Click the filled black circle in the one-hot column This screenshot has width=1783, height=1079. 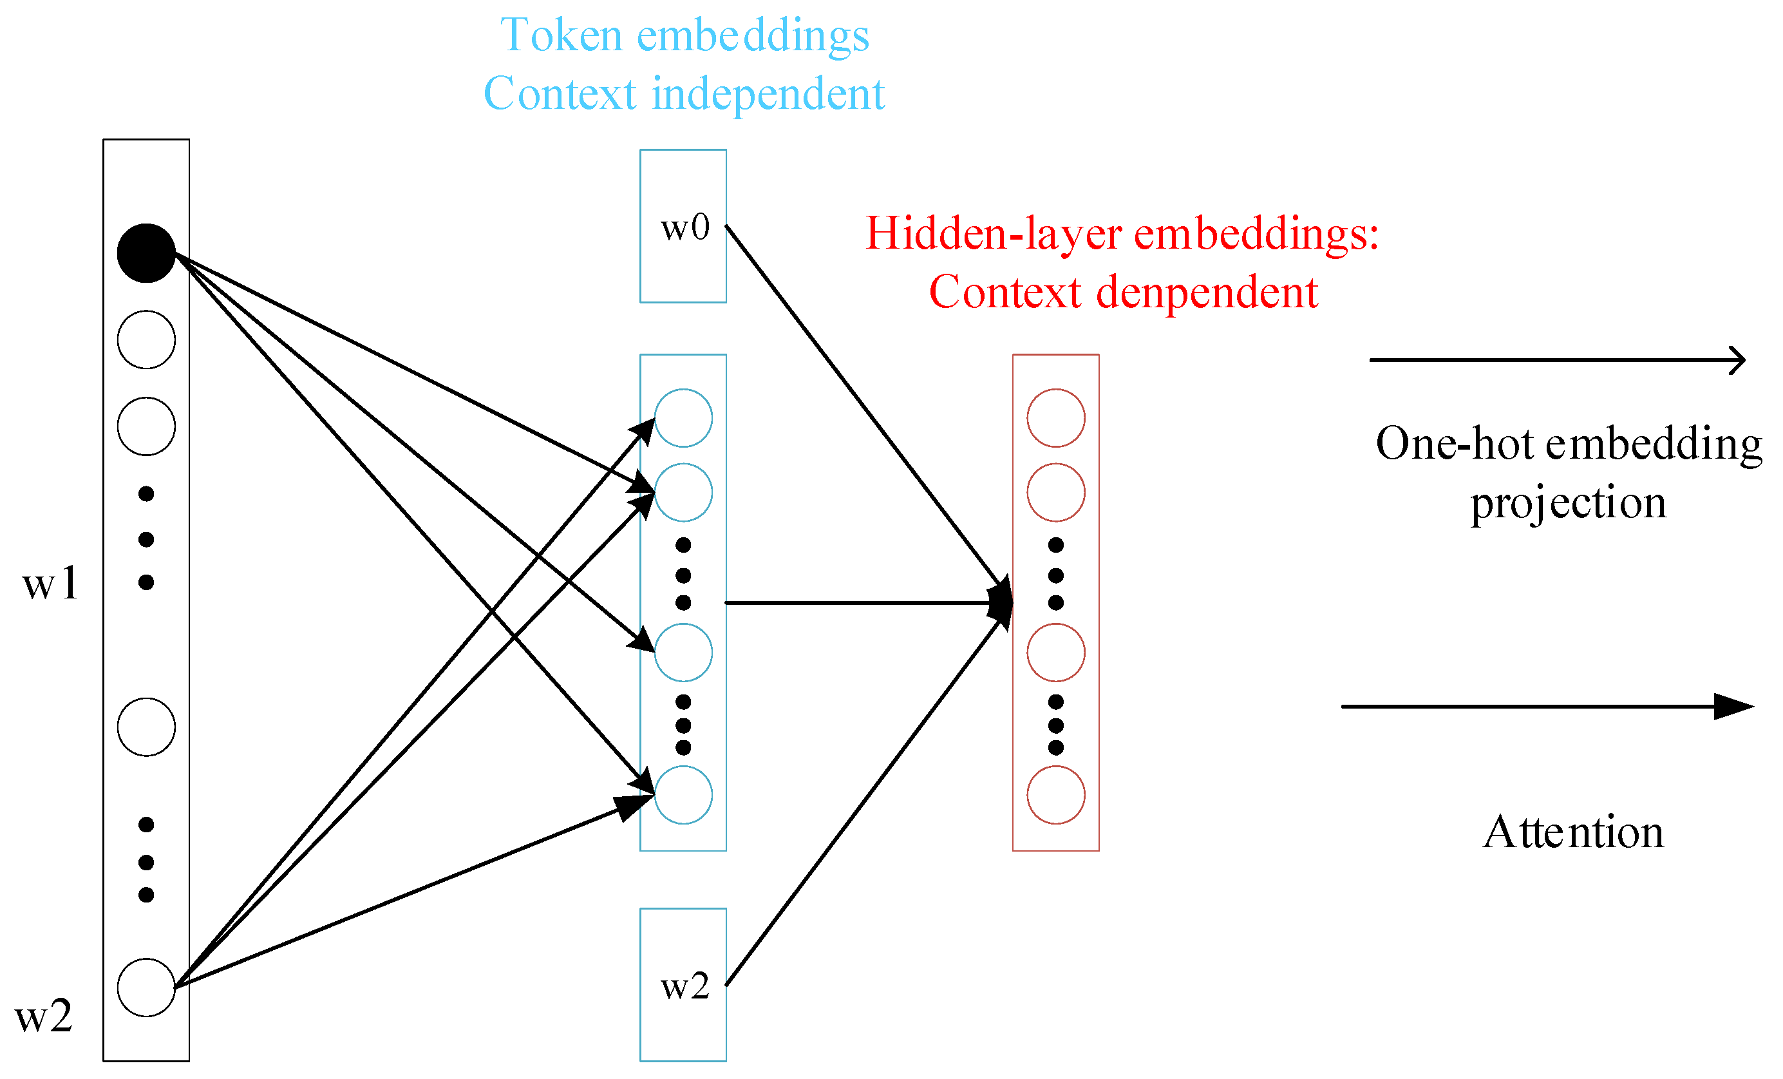(x=146, y=253)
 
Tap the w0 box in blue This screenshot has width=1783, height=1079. (x=683, y=226)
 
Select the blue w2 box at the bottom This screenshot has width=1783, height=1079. (x=683, y=985)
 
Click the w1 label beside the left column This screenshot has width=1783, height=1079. (x=49, y=582)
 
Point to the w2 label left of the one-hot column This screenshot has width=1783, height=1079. (x=43, y=1015)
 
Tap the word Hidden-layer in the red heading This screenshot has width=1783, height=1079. (x=993, y=234)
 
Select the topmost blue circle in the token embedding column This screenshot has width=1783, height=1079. (x=683, y=417)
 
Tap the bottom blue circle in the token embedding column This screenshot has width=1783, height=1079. (x=683, y=795)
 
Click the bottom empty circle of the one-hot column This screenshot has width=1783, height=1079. (x=146, y=987)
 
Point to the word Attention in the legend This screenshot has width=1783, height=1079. (x=1572, y=832)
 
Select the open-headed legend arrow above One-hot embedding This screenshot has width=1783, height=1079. (x=1556, y=359)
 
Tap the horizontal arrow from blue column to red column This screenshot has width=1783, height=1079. (x=861, y=602)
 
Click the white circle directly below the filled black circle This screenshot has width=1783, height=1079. (x=146, y=339)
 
